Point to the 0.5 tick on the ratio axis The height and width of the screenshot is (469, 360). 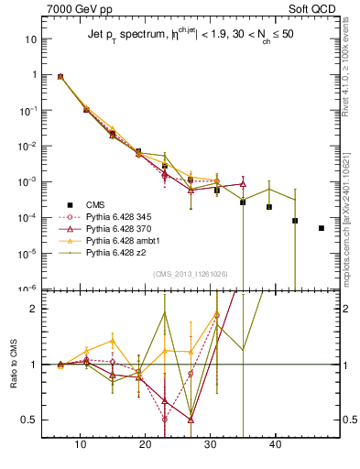(x=31, y=420)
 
